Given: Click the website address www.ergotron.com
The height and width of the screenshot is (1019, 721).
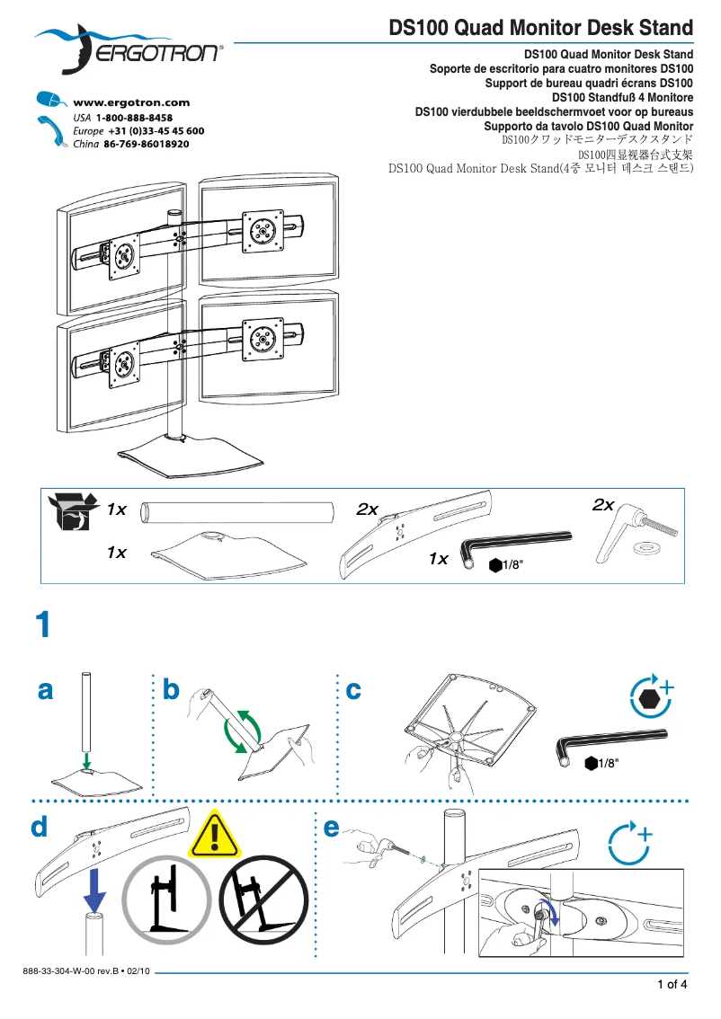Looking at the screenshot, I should [130, 103].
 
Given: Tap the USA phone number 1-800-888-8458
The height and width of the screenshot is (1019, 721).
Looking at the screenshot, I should [135, 118].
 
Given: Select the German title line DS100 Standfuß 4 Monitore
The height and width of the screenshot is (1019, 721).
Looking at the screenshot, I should [622, 97].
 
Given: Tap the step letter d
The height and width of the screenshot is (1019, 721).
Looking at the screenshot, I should [39, 827].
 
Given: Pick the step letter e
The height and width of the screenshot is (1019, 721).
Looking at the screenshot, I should [331, 827].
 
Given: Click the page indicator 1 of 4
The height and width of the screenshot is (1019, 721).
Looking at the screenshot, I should [672, 985].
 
